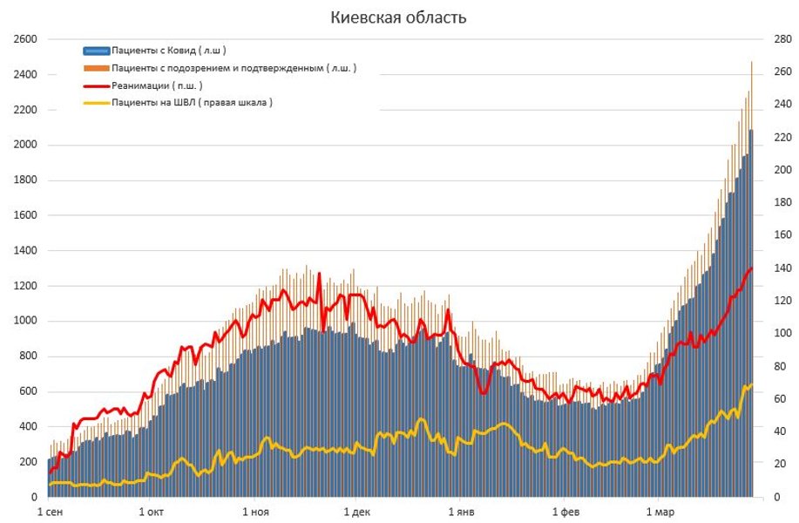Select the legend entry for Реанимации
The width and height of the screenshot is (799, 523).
pyautogui.click(x=156, y=85)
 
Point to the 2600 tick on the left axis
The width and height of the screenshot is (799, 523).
pyautogui.click(x=25, y=39)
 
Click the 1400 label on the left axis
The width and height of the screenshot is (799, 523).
pyautogui.click(x=25, y=250)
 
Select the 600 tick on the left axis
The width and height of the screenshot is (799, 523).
pyautogui.click(x=28, y=391)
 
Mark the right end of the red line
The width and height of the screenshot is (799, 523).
pyautogui.click(x=751, y=268)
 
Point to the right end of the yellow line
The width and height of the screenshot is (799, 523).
pyautogui.click(x=751, y=384)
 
